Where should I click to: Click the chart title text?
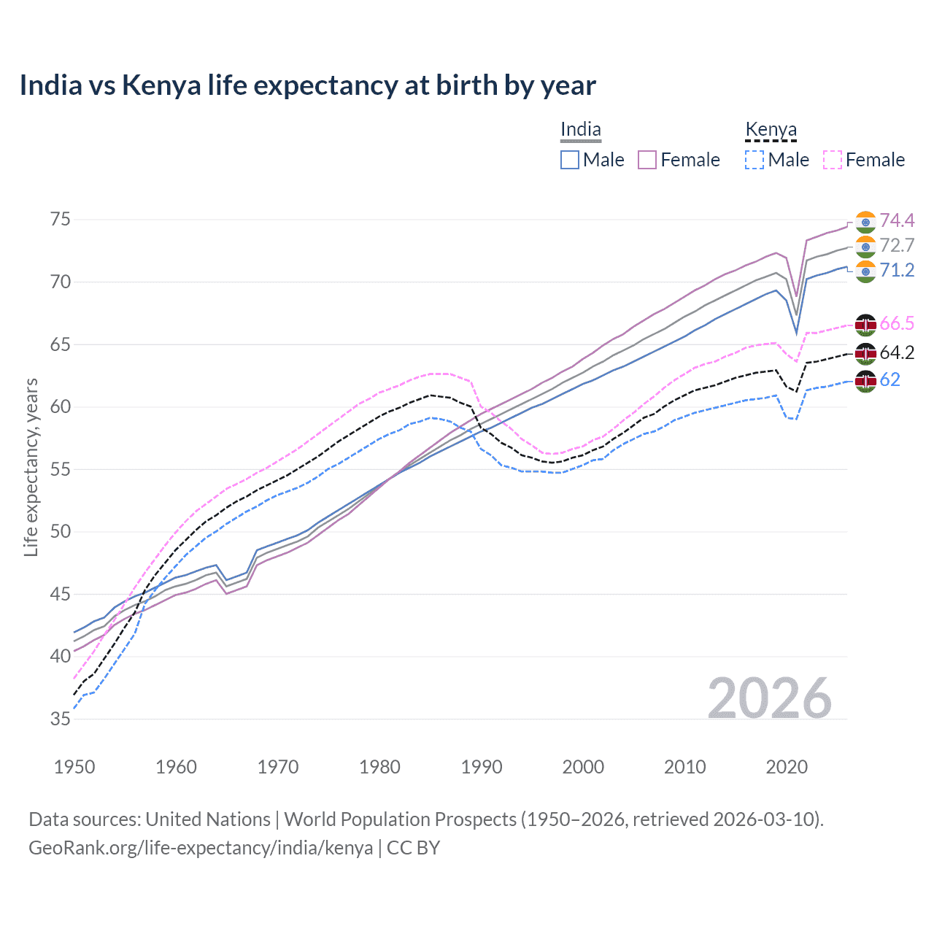[x=307, y=85]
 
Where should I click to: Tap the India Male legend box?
[x=570, y=160]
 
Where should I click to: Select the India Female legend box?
[x=647, y=160]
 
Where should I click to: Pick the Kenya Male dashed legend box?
[x=754, y=160]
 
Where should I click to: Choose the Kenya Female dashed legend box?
[x=833, y=160]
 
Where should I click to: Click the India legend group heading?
[x=580, y=130]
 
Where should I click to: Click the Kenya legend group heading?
[x=771, y=130]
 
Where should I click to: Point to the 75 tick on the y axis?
[x=60, y=220]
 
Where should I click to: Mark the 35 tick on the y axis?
[x=60, y=719]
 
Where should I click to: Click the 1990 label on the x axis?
[x=482, y=767]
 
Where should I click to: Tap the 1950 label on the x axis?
[x=74, y=767]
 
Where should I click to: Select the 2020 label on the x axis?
[x=787, y=767]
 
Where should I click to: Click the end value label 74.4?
[x=897, y=220]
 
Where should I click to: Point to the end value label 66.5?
[x=897, y=323]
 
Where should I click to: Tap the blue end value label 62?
[x=890, y=379]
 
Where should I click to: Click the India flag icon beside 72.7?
[x=865, y=246]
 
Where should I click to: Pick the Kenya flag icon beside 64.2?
[x=865, y=353]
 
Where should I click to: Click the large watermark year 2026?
[x=770, y=698]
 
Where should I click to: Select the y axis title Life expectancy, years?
[x=31, y=467]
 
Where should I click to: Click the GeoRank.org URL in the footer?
[x=201, y=848]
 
